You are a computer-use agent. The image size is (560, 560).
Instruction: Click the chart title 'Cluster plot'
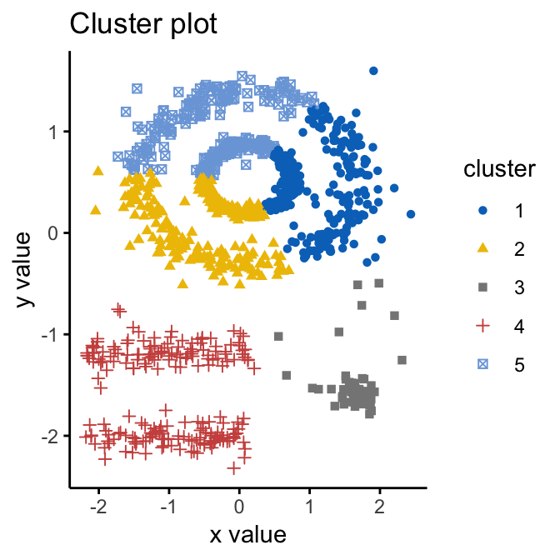pyautogui.click(x=143, y=25)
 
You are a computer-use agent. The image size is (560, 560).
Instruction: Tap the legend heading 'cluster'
pyautogui.click(x=499, y=170)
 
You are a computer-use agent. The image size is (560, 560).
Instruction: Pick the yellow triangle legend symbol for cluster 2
pyautogui.click(x=482, y=249)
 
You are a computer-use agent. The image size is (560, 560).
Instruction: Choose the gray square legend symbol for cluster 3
pyautogui.click(x=482, y=287)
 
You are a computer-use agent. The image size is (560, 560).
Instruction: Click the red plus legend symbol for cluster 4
pyautogui.click(x=482, y=326)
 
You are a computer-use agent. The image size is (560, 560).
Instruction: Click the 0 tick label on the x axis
pyautogui.click(x=239, y=507)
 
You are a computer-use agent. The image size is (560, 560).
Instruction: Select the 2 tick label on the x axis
pyautogui.click(x=380, y=507)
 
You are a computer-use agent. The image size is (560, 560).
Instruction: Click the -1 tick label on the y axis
pyautogui.click(x=48, y=334)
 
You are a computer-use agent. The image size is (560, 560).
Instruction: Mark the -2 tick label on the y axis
pyautogui.click(x=48, y=436)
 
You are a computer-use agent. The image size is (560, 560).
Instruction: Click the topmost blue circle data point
pyautogui.click(x=373, y=71)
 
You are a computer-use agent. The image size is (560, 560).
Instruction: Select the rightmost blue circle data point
pyautogui.click(x=411, y=214)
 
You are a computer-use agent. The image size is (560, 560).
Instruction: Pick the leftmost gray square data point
pyautogui.click(x=278, y=337)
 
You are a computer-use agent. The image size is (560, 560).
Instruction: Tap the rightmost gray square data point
pyautogui.click(x=402, y=360)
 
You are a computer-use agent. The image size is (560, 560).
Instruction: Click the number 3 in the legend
pyautogui.click(x=519, y=287)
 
